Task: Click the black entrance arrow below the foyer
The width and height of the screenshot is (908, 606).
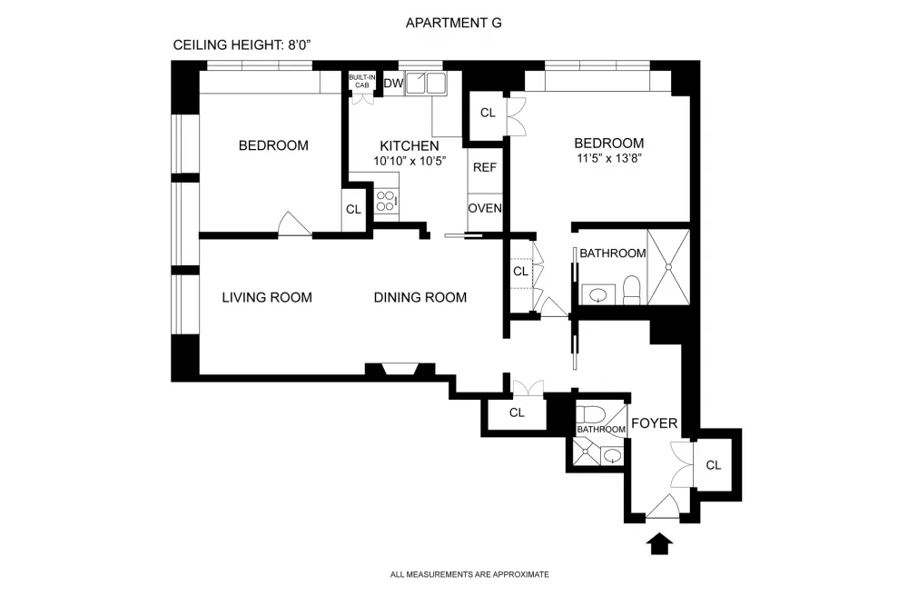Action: tap(659, 544)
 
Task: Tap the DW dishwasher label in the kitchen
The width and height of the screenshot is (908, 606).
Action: tap(393, 83)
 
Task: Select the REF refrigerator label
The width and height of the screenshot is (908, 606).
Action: tap(485, 167)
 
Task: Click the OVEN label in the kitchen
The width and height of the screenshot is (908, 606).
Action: tap(485, 208)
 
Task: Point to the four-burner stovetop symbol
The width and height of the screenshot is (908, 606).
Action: tap(386, 202)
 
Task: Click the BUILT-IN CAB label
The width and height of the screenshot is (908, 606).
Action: tap(362, 81)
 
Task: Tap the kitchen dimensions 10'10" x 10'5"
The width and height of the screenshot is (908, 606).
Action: tap(410, 161)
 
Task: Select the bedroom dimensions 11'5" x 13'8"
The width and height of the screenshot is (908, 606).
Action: tap(609, 158)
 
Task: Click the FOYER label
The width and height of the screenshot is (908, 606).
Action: tap(655, 423)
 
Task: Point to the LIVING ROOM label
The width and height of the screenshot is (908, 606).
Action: tap(267, 298)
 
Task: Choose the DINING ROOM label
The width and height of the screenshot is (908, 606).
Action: tap(419, 298)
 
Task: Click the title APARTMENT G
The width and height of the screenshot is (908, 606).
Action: tap(453, 24)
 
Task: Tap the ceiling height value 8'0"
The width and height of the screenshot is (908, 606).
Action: tap(300, 45)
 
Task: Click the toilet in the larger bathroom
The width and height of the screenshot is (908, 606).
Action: tap(632, 290)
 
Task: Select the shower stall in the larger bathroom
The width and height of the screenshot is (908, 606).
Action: tap(668, 267)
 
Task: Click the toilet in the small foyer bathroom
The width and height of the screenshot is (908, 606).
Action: tap(591, 414)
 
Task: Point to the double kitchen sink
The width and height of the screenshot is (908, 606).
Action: tap(426, 83)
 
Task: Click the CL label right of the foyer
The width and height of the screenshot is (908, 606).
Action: tap(714, 465)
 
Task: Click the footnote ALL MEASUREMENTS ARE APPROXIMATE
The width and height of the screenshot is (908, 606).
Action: tap(469, 575)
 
